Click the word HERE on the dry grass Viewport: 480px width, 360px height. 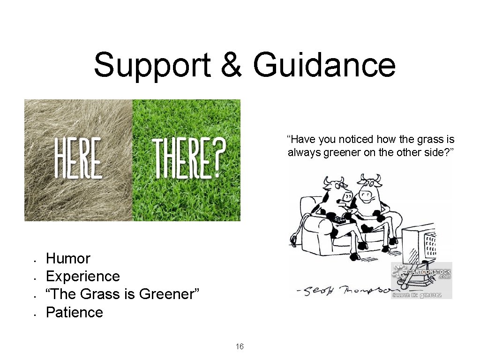coord(79,157)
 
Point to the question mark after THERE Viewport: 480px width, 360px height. coord(217,157)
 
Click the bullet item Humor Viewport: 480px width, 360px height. coord(68,258)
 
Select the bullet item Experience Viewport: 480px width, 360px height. coord(83,276)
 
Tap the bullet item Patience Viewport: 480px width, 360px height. coord(75,312)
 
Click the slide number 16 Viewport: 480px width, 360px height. coord(240,347)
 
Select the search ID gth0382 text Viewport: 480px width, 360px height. coord(430,295)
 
